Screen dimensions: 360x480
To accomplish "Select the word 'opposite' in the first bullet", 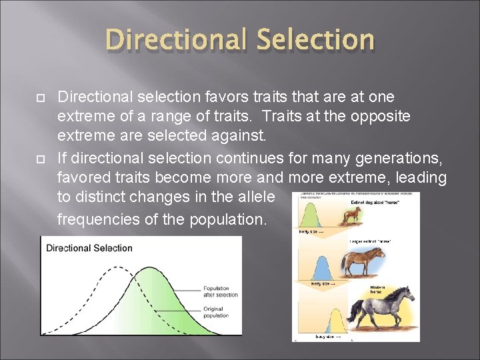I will (x=385, y=116).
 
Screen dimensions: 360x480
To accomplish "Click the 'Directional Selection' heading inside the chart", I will (x=89, y=248).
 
